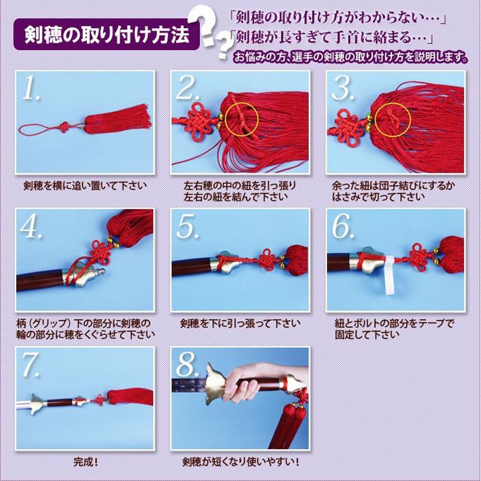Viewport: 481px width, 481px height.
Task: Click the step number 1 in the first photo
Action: coord(31,88)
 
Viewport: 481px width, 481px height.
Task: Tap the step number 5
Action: coord(188,227)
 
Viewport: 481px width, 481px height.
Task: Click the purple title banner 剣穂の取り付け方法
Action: coord(106,34)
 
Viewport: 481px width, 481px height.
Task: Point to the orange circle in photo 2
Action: coord(242,119)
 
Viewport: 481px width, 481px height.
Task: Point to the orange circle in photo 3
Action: coord(393,120)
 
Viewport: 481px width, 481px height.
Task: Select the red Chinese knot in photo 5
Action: coord(266,259)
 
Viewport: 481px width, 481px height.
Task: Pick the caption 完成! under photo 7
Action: coord(85,462)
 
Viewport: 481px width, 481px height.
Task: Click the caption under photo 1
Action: coord(85,186)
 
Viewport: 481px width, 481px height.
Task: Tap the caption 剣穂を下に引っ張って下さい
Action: coord(240,323)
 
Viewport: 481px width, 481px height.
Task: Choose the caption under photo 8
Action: coord(240,462)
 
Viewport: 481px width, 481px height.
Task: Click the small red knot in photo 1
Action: coord(64,127)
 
